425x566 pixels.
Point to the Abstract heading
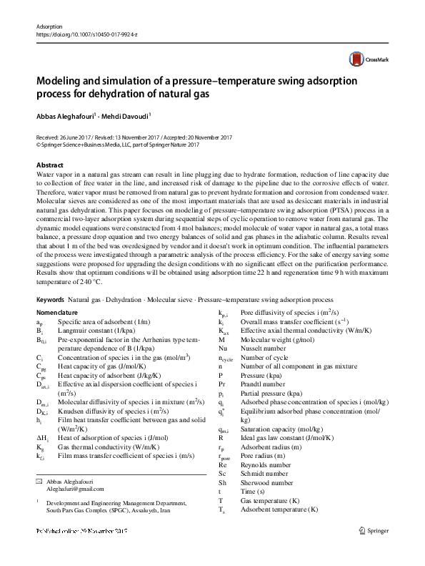tap(49, 165)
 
